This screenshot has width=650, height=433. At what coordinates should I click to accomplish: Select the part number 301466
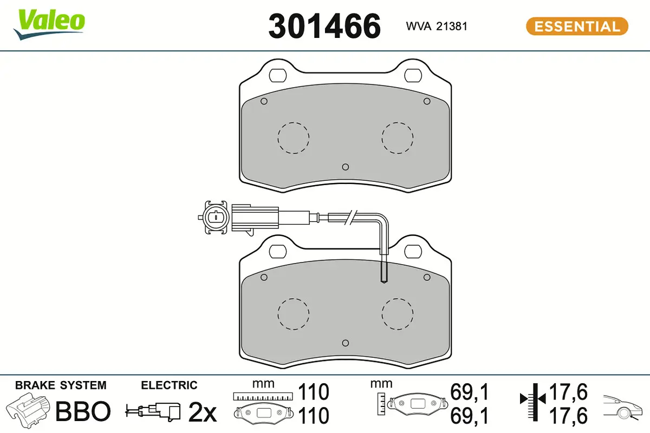pos(324,26)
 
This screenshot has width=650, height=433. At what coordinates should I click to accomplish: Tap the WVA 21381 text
pos(437,26)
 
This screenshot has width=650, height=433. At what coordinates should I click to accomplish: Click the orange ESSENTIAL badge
pos(577,26)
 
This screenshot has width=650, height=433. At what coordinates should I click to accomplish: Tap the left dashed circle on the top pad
pos(293,137)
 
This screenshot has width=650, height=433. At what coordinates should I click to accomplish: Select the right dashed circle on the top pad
pos(397,137)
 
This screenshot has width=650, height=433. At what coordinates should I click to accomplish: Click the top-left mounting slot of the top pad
pos(279,75)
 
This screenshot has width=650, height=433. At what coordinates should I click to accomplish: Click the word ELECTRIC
pos(169,385)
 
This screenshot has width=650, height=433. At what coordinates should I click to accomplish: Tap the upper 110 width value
pos(314,392)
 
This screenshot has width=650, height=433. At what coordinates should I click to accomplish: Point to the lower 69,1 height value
pos(470,416)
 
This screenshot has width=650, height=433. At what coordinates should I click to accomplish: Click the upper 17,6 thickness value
pos(568,392)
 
